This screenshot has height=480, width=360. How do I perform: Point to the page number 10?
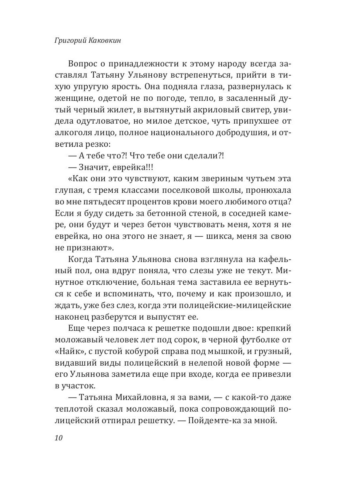(59, 437)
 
